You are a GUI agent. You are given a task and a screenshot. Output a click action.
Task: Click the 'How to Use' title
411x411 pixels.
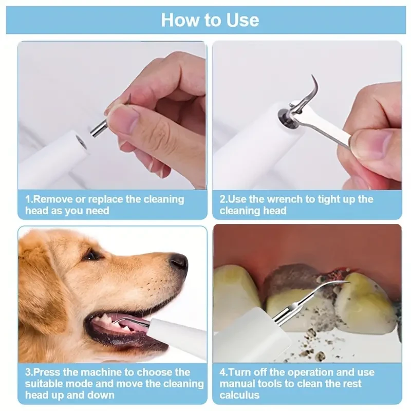point(210,20)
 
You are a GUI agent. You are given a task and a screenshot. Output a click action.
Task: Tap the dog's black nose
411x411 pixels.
point(179,261)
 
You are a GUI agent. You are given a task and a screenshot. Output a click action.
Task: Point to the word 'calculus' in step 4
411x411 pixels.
point(239,395)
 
